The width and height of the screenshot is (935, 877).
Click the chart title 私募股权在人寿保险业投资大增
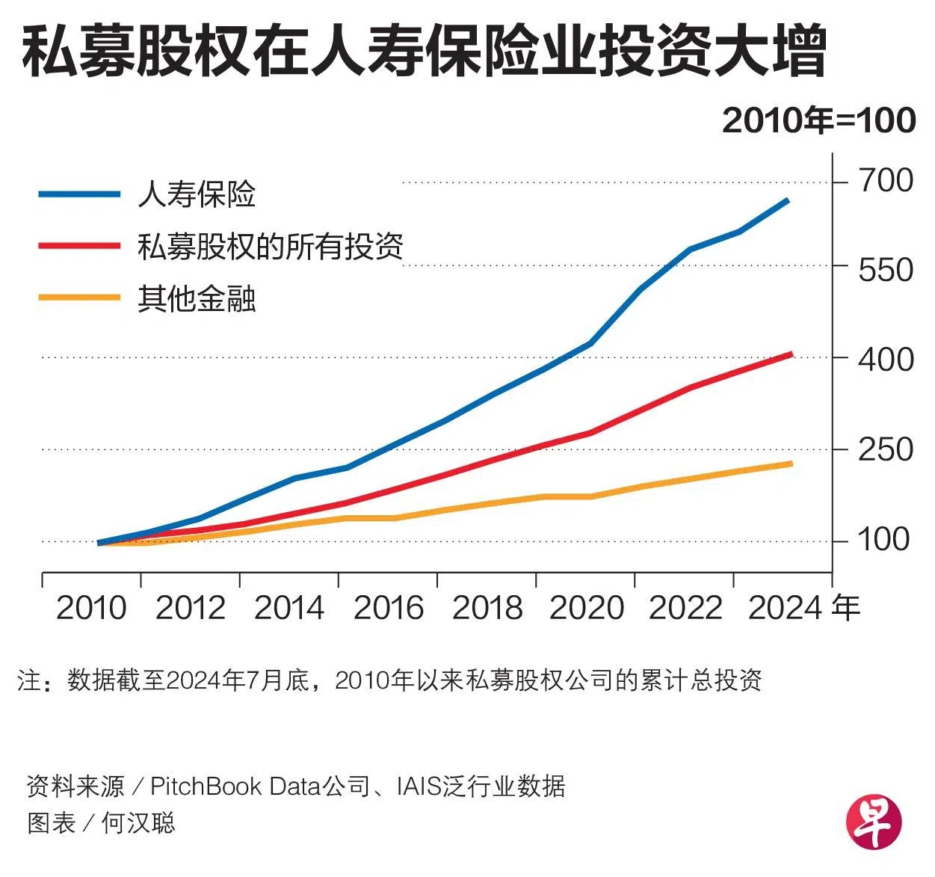click(424, 52)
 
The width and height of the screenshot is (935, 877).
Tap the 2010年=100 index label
click(818, 121)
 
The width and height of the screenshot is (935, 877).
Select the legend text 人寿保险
click(197, 194)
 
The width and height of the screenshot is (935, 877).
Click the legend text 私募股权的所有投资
click(270, 247)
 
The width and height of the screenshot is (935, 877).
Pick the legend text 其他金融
click(197, 299)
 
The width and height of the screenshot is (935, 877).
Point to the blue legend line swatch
click(79, 194)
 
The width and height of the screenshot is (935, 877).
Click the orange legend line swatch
click(79, 298)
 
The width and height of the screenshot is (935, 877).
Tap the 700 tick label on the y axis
click(885, 181)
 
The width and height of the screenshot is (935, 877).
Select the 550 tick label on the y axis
click(885, 269)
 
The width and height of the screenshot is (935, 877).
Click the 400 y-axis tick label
click(885, 360)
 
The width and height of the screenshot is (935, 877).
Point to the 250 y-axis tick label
click(885, 450)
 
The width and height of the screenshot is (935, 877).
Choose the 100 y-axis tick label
click(883, 539)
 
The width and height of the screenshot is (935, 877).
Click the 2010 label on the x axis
click(91, 608)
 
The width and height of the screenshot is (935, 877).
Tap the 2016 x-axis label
click(388, 608)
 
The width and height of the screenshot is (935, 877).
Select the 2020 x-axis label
click(586, 608)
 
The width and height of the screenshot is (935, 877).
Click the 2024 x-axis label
click(783, 608)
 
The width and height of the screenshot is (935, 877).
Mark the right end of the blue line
click(788, 200)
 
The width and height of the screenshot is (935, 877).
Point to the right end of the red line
click(791, 354)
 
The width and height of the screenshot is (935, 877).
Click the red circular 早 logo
click(874, 820)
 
